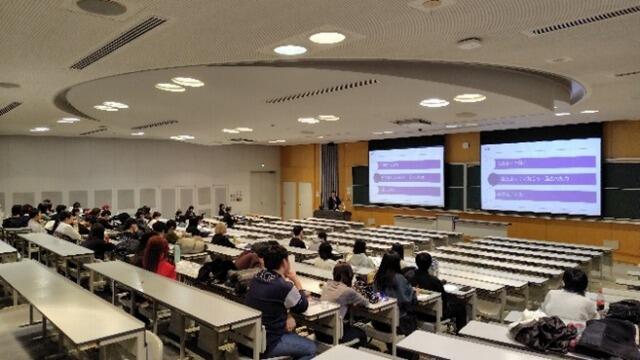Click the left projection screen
click(406, 176)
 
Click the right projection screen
click(540, 175)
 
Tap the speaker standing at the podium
click(334, 201)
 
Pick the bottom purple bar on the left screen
click(407, 190)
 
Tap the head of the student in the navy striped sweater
click(272, 259)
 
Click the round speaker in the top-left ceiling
click(101, 6)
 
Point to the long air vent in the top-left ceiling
click(118, 42)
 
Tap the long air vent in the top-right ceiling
click(584, 20)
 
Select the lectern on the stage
click(333, 213)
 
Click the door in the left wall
click(264, 192)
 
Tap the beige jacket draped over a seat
click(190, 244)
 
